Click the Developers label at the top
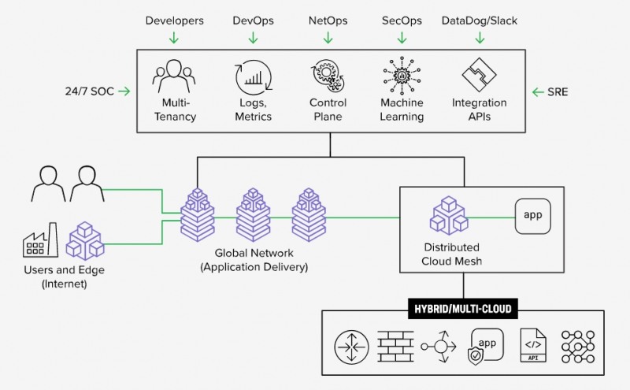pos(174,20)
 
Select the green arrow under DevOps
pos(253,37)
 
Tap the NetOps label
pos(328,20)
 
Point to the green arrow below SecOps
pos(402,37)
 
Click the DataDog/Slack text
pos(479,20)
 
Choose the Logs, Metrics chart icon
pos(253,77)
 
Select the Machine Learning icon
pos(402,76)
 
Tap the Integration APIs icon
pos(479,77)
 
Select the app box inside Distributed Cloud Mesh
pos(533,215)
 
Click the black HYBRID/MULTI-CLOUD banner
pos(461,309)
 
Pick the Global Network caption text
pos(254,260)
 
